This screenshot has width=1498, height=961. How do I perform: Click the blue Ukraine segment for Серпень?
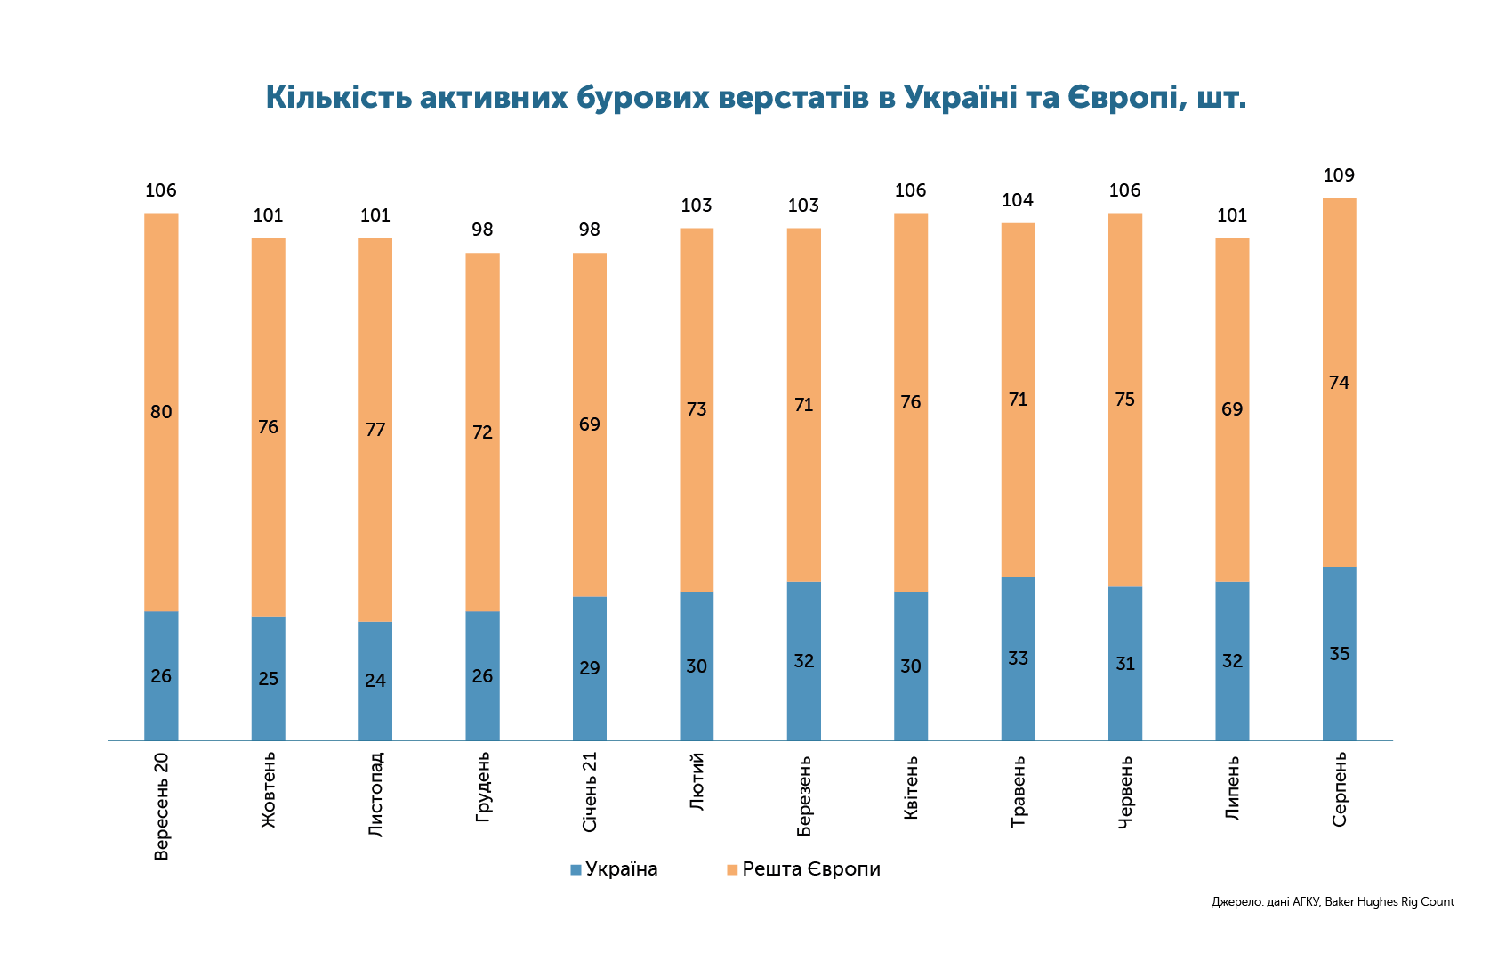coord(1339,653)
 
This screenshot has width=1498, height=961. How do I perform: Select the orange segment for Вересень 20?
coord(161,412)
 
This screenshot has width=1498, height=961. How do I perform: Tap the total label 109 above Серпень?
coord(1339,175)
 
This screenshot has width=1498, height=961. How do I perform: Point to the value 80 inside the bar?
coord(161,412)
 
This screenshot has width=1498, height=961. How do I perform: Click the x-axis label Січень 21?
coord(589,792)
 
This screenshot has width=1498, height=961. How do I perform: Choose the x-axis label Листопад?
coord(375,795)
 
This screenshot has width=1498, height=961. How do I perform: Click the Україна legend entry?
coord(614,869)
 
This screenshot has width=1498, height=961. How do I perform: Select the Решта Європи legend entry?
coord(803,869)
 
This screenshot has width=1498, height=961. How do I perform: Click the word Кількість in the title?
coord(338,98)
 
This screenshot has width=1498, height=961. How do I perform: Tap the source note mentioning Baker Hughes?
coord(1333,902)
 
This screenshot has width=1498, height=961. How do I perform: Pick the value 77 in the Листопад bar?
coord(375,430)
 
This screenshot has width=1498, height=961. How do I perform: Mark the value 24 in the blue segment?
coord(375,681)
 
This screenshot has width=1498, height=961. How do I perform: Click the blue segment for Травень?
coord(1018,658)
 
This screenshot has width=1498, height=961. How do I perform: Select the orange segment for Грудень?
coord(482,432)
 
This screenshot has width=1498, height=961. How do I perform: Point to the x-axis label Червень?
coord(1125,792)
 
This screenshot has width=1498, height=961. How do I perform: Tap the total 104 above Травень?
coord(1018,200)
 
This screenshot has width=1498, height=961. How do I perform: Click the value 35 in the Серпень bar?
coord(1339,653)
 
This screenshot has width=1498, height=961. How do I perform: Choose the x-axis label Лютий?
coord(697,781)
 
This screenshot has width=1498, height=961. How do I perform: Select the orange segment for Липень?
coord(1232,410)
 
